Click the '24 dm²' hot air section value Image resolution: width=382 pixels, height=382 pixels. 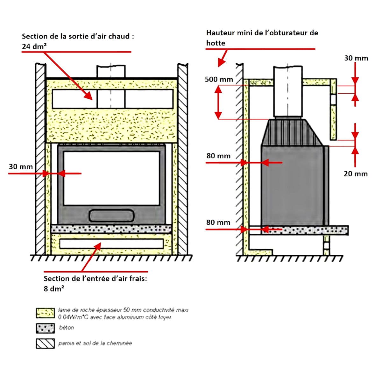[34, 46]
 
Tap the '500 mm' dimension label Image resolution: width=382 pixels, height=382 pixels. [219, 79]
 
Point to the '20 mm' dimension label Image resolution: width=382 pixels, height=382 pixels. [356, 174]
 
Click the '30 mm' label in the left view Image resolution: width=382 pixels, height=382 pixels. [21, 166]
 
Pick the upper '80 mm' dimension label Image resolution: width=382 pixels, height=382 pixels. [218, 156]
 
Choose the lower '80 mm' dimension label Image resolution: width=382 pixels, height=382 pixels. [218, 223]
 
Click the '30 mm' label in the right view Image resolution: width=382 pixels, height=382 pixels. [356, 58]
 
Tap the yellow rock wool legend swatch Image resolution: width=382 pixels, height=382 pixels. [45, 313]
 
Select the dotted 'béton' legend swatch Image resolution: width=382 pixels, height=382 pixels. [45, 328]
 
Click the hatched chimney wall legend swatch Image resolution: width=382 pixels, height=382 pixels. [45, 343]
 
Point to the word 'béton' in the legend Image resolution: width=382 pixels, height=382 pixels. [67, 328]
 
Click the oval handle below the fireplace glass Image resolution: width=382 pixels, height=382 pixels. [111, 216]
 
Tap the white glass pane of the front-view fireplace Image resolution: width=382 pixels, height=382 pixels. [111, 178]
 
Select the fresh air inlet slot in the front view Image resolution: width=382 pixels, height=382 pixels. [111, 244]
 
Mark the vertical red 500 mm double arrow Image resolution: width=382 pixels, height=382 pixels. [218, 103]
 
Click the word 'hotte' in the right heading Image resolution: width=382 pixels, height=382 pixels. [216, 43]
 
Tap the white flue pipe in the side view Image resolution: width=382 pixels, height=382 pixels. [288, 92]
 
